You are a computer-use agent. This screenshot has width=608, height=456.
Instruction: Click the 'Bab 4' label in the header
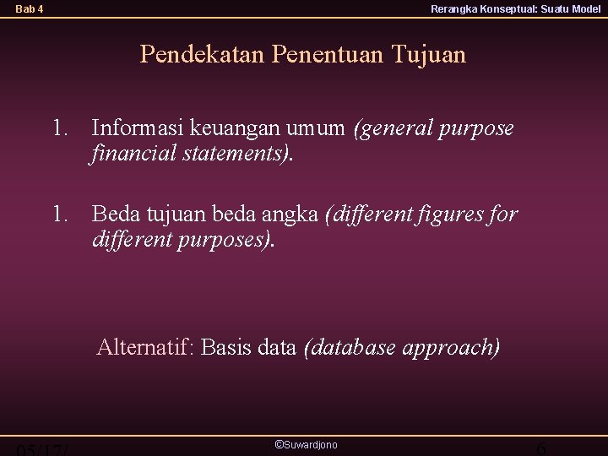(x=30, y=9)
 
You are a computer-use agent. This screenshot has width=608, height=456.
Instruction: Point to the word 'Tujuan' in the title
(x=428, y=56)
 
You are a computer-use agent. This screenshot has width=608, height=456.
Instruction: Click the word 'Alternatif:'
(x=146, y=347)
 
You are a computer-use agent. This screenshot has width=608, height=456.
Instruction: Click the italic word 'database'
(x=350, y=347)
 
